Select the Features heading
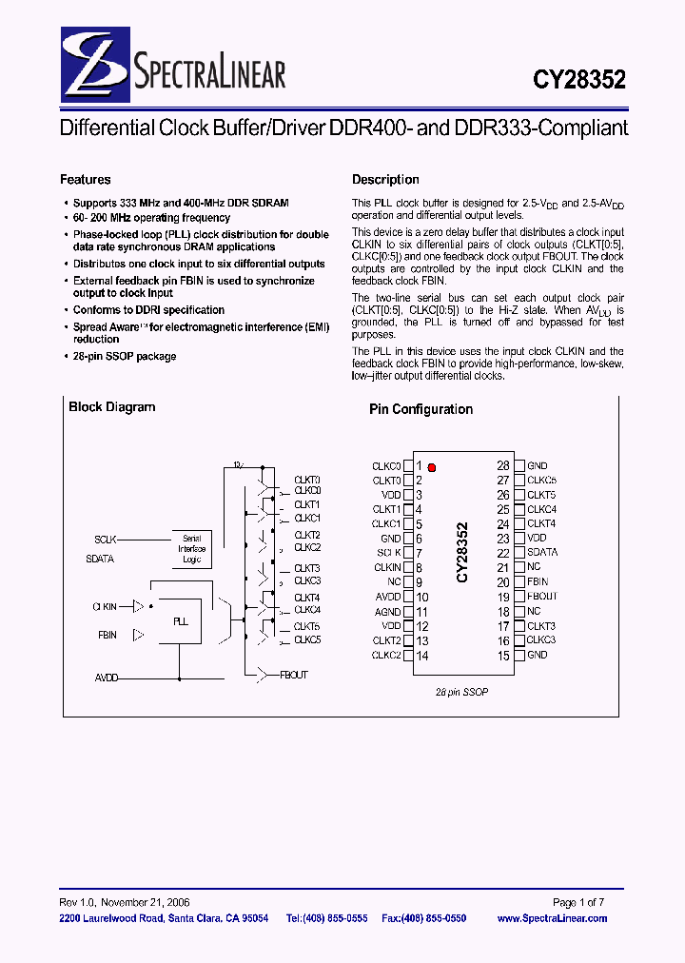[x=86, y=180]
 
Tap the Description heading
[x=385, y=180]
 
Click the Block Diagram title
[x=111, y=407]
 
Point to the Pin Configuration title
[x=421, y=409]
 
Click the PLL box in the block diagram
[x=181, y=621]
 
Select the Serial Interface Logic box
[x=191, y=549]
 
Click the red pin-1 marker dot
[x=432, y=467]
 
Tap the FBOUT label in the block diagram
[x=294, y=675]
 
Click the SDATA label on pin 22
[x=542, y=553]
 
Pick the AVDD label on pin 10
[x=388, y=598]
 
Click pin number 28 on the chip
[x=503, y=466]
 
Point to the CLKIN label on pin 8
[x=387, y=568]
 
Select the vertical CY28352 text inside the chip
[x=462, y=552]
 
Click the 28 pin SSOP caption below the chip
[x=461, y=692]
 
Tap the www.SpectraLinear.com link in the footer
[x=552, y=918]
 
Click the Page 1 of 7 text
[x=578, y=902]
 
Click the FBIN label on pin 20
[x=538, y=581]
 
